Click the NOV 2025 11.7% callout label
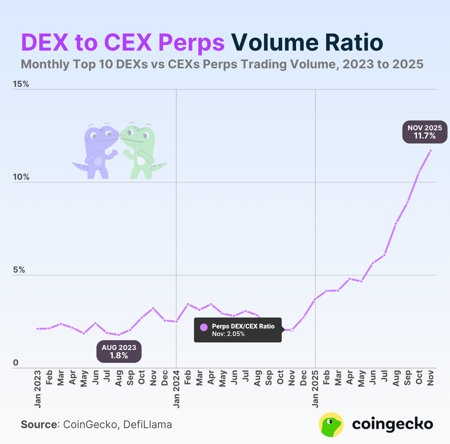425,132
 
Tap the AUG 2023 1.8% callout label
119,351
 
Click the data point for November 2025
430,151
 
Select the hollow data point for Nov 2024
292,330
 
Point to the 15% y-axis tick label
21,84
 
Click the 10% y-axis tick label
21,177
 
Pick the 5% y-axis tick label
19,270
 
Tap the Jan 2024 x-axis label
176,389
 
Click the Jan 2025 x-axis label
315,389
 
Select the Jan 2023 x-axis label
37,389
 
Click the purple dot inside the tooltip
204,327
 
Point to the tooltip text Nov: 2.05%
228,334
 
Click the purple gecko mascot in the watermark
98,151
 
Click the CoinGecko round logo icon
331,424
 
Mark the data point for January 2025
315,299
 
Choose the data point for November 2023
153,308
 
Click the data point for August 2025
396,224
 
